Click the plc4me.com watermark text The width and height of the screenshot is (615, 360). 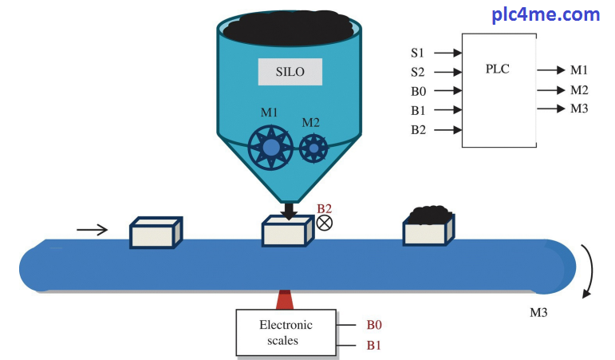(x=546, y=14)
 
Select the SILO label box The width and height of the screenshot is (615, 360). (x=291, y=72)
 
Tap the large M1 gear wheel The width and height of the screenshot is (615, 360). (x=271, y=148)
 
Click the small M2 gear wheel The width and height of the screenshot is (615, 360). (x=313, y=147)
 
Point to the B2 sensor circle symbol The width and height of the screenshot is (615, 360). (x=325, y=223)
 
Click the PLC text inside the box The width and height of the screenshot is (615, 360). (x=497, y=69)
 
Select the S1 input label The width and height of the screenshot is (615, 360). (x=418, y=53)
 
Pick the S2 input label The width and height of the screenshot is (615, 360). (x=418, y=72)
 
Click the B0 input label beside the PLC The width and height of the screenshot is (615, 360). (x=419, y=91)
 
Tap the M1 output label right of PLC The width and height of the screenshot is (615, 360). (x=579, y=70)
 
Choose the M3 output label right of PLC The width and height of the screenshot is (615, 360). (x=579, y=108)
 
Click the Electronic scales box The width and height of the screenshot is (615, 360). (x=286, y=332)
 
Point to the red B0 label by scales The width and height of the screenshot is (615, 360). (x=374, y=325)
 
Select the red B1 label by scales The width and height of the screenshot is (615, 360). (x=374, y=345)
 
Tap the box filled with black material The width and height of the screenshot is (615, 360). (x=429, y=227)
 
